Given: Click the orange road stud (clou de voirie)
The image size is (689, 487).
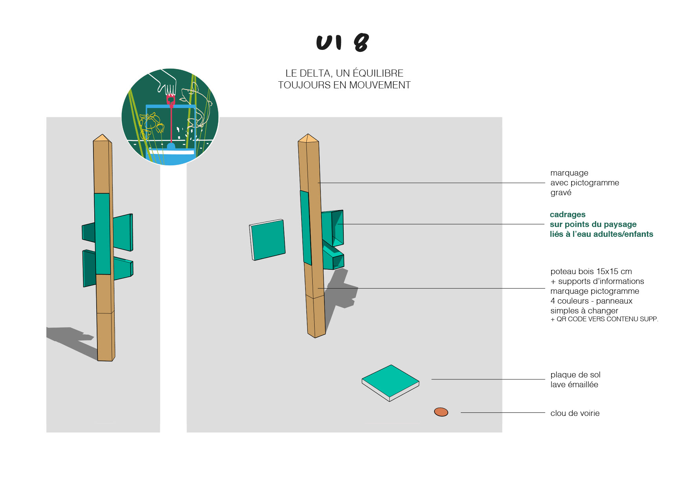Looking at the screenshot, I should tap(441, 412).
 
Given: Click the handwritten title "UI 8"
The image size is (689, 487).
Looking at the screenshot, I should tap(343, 42).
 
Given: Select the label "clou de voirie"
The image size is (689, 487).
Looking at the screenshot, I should tap(575, 413).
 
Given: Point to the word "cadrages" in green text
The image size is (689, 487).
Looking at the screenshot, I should tap(567, 214).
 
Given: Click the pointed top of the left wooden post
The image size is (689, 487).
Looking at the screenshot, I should tap(102, 138).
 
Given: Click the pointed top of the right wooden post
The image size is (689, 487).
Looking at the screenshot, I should tap(308, 138).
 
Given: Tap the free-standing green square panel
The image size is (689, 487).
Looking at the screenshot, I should tap(268, 239).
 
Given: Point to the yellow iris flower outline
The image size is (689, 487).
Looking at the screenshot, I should tap(150, 122).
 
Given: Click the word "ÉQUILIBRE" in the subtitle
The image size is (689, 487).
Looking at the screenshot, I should tap(378, 73).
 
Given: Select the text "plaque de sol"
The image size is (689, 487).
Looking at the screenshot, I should tap(575, 375).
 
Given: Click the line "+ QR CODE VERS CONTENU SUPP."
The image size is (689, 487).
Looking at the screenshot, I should tap(604, 319).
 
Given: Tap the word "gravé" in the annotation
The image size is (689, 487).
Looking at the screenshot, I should tap(561, 193).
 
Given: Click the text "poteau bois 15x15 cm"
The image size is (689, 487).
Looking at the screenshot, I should tap(591, 271).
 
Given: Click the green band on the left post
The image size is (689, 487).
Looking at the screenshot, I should tap(102, 234).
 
